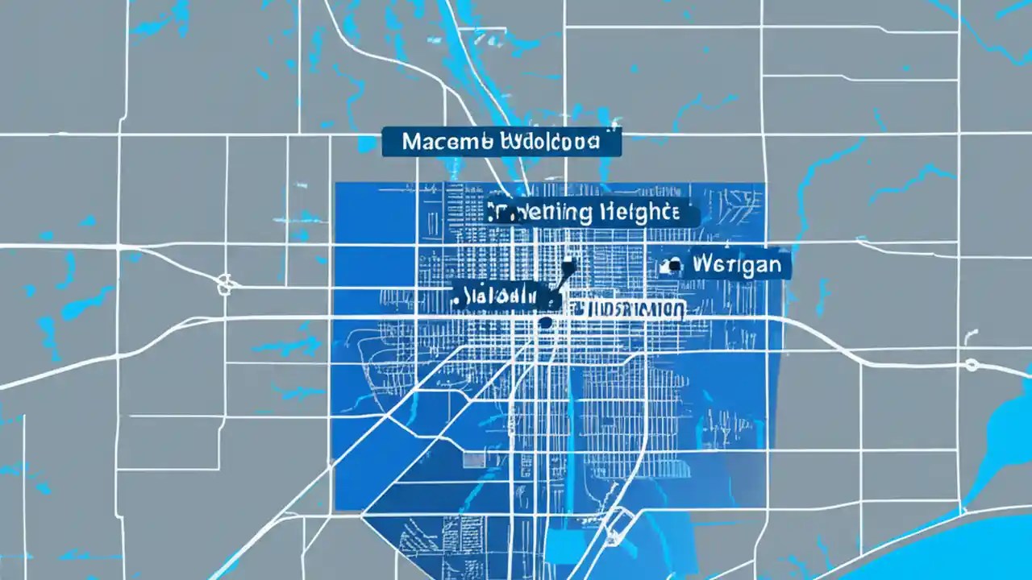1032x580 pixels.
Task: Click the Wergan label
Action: pos(729,265)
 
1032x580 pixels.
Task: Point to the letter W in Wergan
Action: pos(700,265)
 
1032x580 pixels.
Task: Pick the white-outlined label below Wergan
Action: pos(627,309)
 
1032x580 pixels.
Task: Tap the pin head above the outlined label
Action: pos(569,263)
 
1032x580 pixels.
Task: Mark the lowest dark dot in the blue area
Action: pos(546,322)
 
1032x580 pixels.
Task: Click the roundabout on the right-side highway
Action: pos(971,364)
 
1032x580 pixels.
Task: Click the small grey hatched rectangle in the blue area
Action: pos(474,460)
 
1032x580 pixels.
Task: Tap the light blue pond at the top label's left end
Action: pos(368,143)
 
